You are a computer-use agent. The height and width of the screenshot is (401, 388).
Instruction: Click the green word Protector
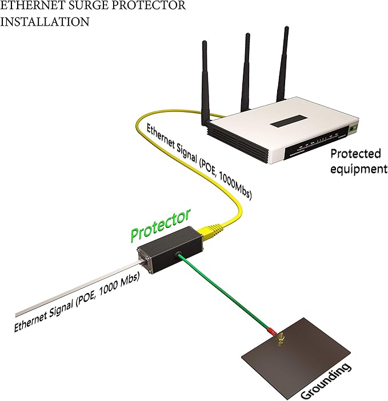pyautogui.click(x=161, y=225)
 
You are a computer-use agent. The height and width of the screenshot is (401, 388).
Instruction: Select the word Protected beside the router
pyautogui.click(x=356, y=154)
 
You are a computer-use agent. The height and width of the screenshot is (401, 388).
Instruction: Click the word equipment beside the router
pyautogui.click(x=359, y=169)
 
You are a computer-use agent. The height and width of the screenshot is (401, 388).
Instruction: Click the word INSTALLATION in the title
pyautogui.click(x=45, y=22)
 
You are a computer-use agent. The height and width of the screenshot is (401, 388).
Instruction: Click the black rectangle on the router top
pyautogui.click(x=289, y=121)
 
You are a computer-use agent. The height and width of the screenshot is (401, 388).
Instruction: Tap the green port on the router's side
pyautogui.click(x=354, y=127)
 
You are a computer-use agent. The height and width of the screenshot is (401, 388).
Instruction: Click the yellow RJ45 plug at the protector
pyautogui.click(x=210, y=231)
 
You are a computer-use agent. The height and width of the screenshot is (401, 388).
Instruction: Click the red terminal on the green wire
pyautogui.click(x=271, y=331)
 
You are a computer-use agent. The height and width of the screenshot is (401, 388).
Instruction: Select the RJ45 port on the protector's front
pyautogui.click(x=144, y=260)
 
